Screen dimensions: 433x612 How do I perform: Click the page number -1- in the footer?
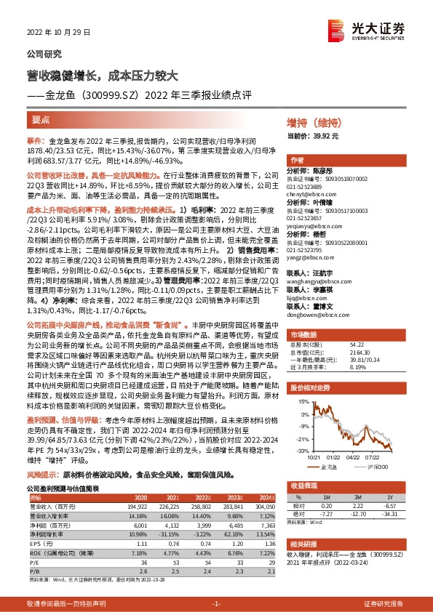[215, 603]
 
